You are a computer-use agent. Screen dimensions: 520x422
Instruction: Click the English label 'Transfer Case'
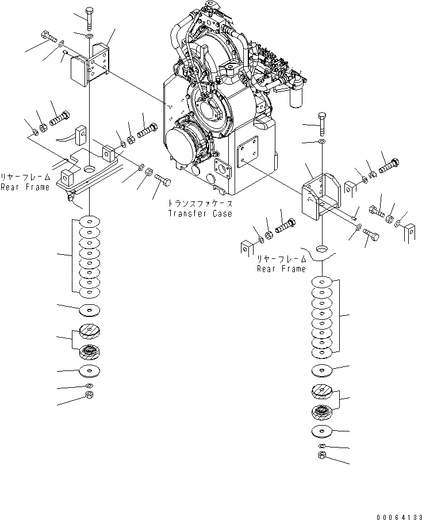200,213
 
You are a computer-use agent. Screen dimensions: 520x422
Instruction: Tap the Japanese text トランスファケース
200,204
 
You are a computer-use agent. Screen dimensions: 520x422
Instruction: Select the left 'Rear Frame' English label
25,187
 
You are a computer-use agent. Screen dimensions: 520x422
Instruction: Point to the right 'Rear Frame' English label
281,269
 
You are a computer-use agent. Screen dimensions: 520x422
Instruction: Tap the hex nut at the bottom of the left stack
89,395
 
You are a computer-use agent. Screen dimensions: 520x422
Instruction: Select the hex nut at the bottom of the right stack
323,456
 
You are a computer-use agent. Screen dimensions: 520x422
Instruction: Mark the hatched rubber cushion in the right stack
323,392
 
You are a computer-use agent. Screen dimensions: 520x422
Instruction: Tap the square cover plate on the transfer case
250,155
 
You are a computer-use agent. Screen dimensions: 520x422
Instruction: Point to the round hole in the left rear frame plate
90,170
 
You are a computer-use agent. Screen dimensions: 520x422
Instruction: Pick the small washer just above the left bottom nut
89,385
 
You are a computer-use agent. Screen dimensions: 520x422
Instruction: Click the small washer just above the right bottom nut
323,446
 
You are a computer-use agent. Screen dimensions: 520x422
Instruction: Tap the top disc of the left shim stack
90,221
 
